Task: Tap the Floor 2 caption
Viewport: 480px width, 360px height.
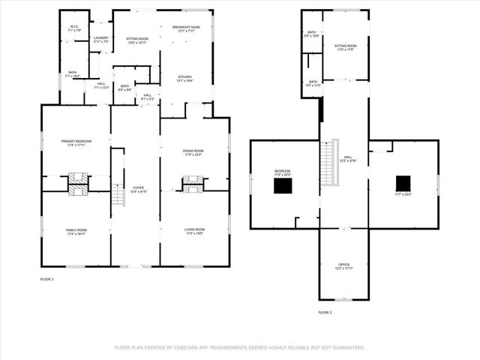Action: pyautogui.click(x=325, y=312)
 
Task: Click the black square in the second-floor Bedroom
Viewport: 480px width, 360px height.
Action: pyautogui.click(x=282, y=185)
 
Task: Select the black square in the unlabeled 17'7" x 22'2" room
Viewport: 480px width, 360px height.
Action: pyautogui.click(x=403, y=183)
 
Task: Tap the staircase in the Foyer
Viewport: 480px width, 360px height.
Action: pyautogui.click(x=118, y=195)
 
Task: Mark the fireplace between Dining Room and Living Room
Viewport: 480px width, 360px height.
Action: pyautogui.click(x=193, y=183)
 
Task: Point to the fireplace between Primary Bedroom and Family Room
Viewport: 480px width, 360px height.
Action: pyautogui.click(x=78, y=183)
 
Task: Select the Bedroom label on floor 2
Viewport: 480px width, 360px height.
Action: pyautogui.click(x=282, y=172)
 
